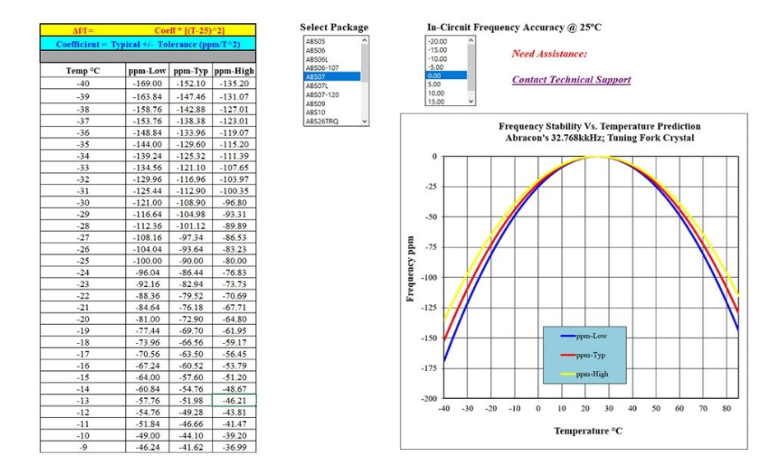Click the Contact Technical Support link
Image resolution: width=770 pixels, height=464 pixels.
click(x=571, y=80)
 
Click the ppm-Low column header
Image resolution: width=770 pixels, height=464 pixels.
click(x=148, y=72)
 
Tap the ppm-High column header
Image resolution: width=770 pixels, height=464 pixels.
click(x=234, y=72)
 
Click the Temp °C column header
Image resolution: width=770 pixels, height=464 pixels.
click(x=82, y=72)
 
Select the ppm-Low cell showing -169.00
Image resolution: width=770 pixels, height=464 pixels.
click(x=148, y=83)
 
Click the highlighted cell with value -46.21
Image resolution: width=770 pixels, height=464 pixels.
click(x=234, y=400)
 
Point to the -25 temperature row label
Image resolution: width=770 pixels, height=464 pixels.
click(x=82, y=260)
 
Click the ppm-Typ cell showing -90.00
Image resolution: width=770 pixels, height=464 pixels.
click(x=191, y=260)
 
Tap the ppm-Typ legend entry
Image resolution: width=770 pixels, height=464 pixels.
click(x=591, y=355)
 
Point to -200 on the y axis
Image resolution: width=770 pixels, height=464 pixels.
click(x=428, y=398)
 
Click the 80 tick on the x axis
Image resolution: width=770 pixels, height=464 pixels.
click(x=726, y=408)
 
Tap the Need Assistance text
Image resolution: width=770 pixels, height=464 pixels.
click(x=549, y=53)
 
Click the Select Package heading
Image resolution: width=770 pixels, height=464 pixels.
click(x=334, y=27)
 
